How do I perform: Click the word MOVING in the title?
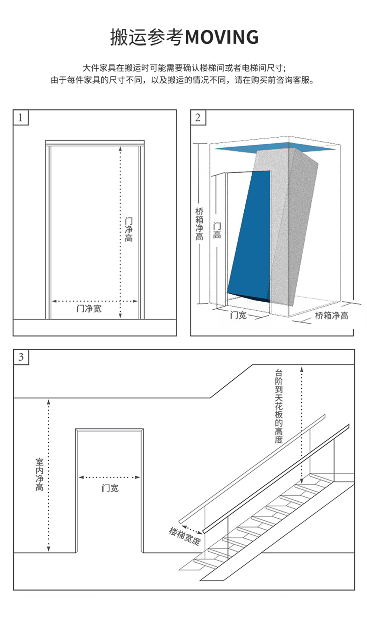tap(221, 37)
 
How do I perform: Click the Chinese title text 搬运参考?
tap(147, 37)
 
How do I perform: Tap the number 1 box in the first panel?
tap(21, 118)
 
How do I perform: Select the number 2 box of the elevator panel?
tap(198, 118)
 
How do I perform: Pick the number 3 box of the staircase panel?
tap(21, 357)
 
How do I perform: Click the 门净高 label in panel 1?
tap(129, 230)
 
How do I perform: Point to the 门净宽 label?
tap(89, 309)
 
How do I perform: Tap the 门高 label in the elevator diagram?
tap(217, 230)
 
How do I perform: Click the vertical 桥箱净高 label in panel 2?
tap(199, 224)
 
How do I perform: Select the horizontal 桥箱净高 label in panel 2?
tap(332, 316)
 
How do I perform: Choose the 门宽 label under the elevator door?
tap(238, 315)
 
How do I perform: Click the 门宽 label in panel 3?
tap(110, 488)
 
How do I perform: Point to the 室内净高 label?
tap(40, 475)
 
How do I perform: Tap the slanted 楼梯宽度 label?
tap(185, 536)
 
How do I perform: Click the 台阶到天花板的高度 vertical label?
tap(279, 406)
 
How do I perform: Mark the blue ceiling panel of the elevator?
tap(276, 147)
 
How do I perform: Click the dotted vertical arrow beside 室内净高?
tap(49, 476)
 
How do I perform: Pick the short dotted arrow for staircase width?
tap(192, 529)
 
